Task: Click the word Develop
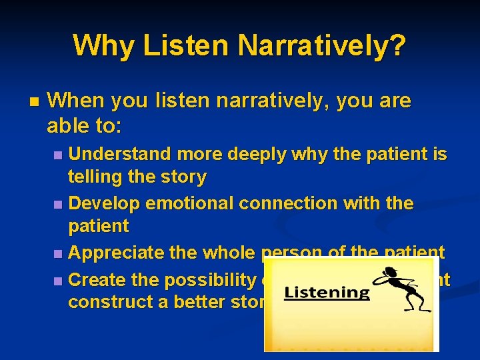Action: click(105, 203)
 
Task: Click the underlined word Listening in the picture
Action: click(327, 293)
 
